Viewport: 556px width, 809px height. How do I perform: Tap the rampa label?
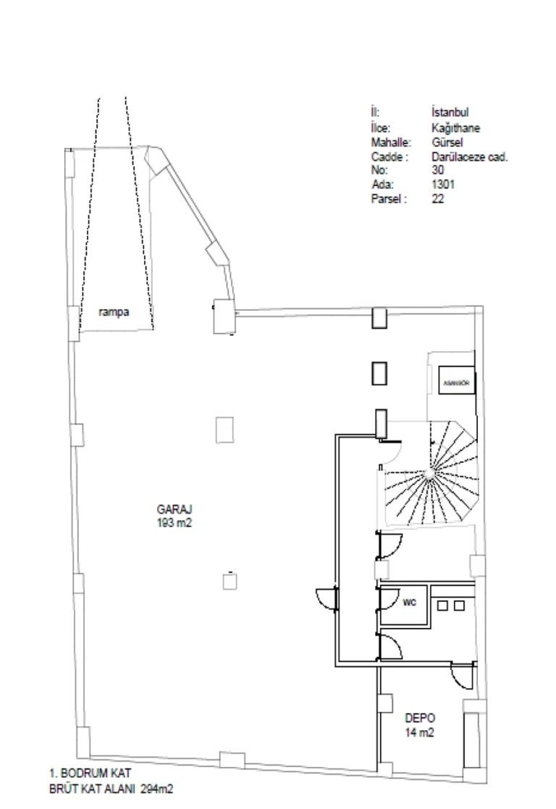114,312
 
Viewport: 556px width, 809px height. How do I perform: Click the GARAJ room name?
174,509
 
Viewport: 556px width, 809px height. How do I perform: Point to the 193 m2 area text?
174,523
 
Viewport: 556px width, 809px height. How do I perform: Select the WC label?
409,602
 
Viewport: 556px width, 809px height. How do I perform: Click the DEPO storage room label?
420,718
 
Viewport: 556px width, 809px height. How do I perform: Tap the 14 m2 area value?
420,732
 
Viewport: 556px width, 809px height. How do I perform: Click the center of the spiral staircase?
429,474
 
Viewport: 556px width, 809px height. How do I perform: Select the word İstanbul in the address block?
450,112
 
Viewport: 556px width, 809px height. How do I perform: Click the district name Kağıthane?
456,127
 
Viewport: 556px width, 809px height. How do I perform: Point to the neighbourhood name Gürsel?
447,142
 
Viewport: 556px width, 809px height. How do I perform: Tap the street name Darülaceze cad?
470,156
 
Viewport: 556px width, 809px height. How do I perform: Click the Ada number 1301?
444,184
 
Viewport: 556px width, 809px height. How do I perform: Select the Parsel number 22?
438,198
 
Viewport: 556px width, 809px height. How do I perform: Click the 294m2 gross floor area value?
157,789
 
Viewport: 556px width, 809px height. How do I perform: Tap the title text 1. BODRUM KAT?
90,773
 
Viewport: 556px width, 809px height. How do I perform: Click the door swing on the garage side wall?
327,599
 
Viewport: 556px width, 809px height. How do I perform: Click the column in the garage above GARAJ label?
224,429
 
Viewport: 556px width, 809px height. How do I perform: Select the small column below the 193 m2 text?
229,582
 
